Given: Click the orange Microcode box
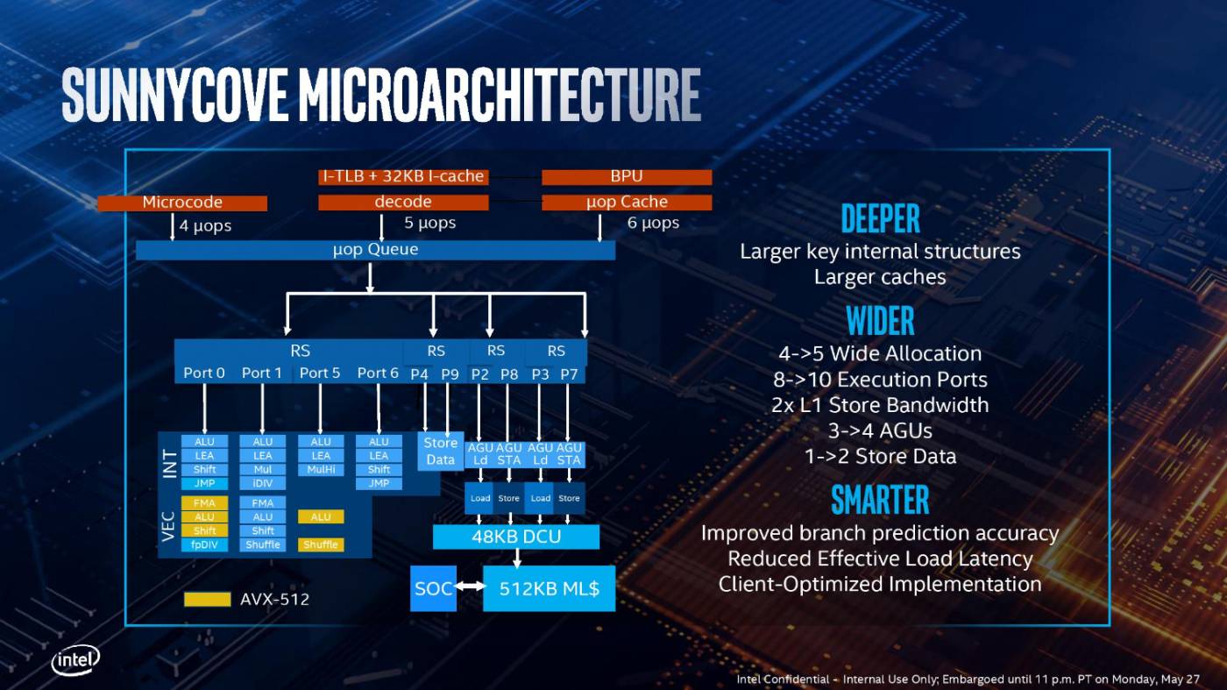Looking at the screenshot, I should pyautogui.click(x=182, y=203).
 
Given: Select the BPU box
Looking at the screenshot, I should pyautogui.click(x=627, y=177).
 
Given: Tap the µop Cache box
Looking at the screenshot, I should pyautogui.click(x=627, y=203).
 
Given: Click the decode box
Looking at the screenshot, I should pyautogui.click(x=403, y=203).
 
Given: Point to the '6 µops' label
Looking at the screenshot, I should pyautogui.click(x=653, y=224).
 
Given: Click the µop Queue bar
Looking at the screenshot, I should pyautogui.click(x=375, y=250).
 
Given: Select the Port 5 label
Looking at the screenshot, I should pyautogui.click(x=320, y=373).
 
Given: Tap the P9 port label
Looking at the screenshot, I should pyautogui.click(x=450, y=373).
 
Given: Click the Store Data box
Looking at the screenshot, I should pyautogui.click(x=440, y=452).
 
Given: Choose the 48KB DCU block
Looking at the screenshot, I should pyautogui.click(x=516, y=537).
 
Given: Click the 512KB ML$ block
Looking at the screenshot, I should pyautogui.click(x=549, y=588).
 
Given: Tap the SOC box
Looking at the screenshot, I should pyautogui.click(x=433, y=588).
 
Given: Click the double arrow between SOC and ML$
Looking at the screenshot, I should pyautogui.click(x=470, y=588).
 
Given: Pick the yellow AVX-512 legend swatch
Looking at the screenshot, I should pyautogui.click(x=207, y=600).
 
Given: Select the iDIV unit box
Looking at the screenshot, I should pyautogui.click(x=263, y=483).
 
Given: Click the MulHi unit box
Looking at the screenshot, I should pyautogui.click(x=321, y=469).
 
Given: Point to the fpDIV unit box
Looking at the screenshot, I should pyautogui.click(x=204, y=544).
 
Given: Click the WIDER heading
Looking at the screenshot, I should pyautogui.click(x=880, y=321).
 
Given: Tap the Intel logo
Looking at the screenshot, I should pyautogui.click(x=75, y=660).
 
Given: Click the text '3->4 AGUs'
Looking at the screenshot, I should pyautogui.click(x=880, y=430).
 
